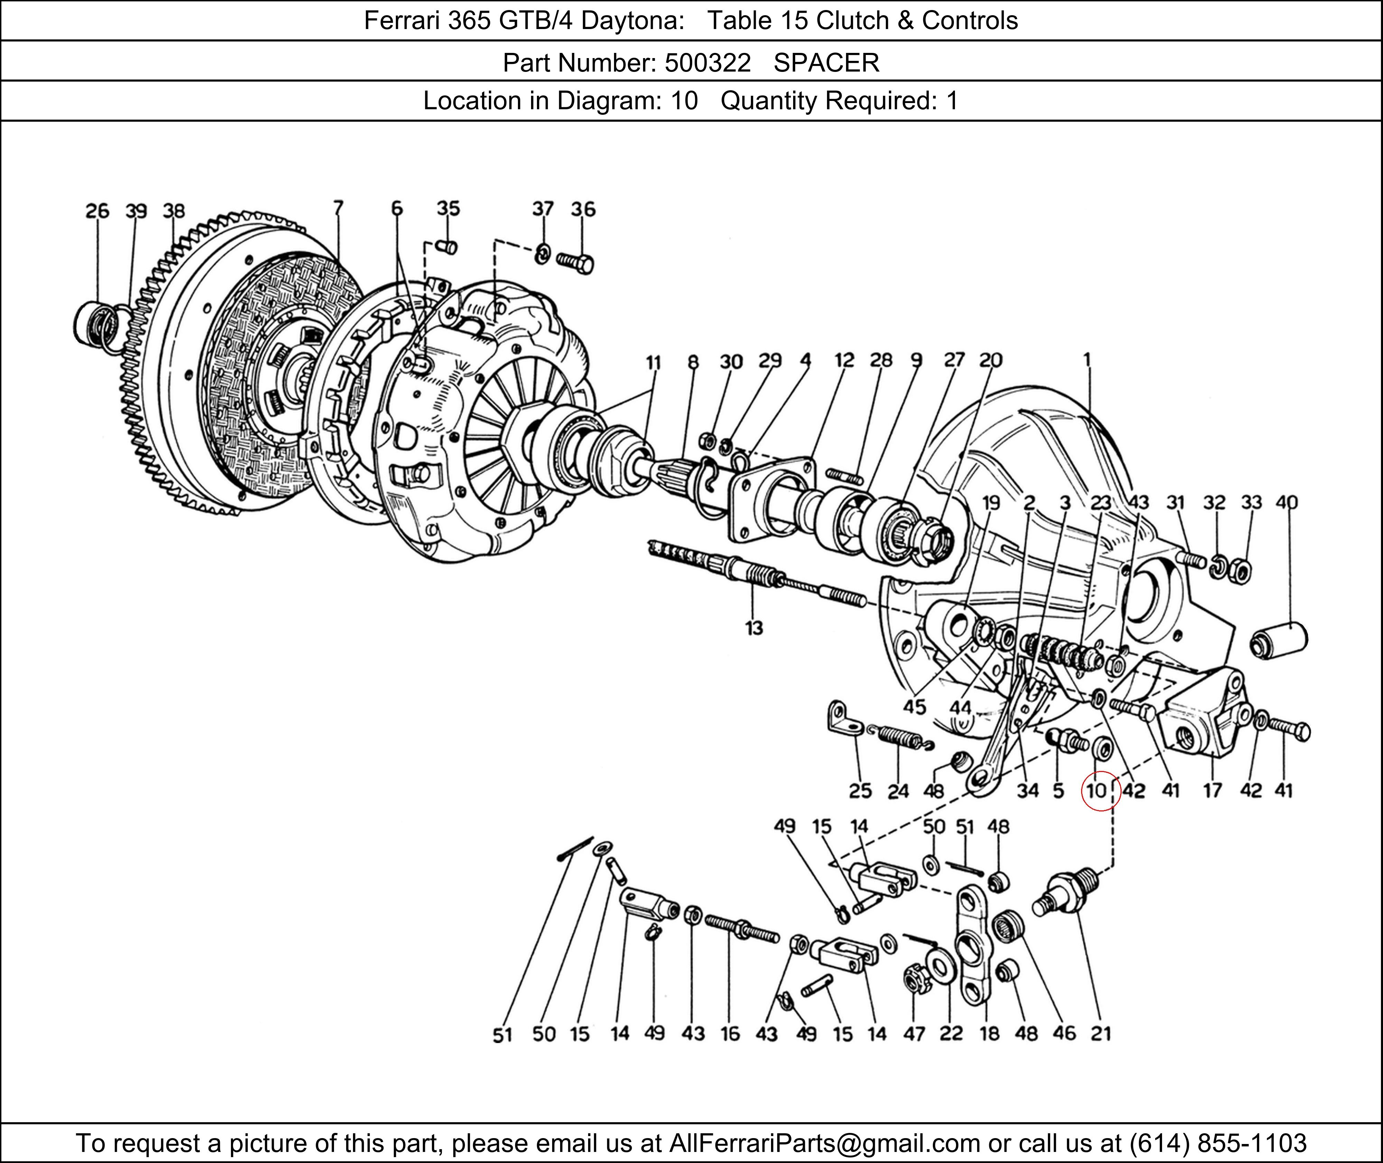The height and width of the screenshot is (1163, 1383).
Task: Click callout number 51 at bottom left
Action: click(x=502, y=1035)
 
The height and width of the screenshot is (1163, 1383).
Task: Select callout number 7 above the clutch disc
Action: click(x=338, y=208)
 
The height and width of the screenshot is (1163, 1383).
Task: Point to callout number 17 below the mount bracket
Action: click(x=1212, y=791)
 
